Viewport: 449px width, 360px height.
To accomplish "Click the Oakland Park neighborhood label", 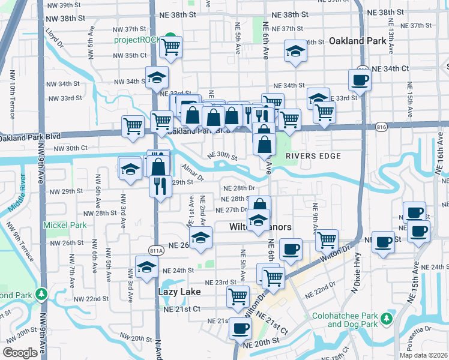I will (x=356, y=41).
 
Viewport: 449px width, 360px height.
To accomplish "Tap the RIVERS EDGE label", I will (x=313, y=156).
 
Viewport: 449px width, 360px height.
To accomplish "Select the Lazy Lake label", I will (x=178, y=291).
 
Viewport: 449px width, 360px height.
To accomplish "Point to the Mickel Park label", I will (x=64, y=225).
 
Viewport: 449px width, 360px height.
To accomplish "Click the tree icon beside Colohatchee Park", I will (x=387, y=319).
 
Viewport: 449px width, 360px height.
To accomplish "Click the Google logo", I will (x=20, y=352).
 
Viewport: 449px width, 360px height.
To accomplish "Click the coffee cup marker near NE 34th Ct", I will (x=360, y=80).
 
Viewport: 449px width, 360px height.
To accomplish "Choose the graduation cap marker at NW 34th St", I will (x=157, y=77).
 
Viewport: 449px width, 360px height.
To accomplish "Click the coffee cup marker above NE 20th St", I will (x=241, y=328).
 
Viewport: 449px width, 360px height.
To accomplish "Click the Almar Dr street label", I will (x=193, y=175).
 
